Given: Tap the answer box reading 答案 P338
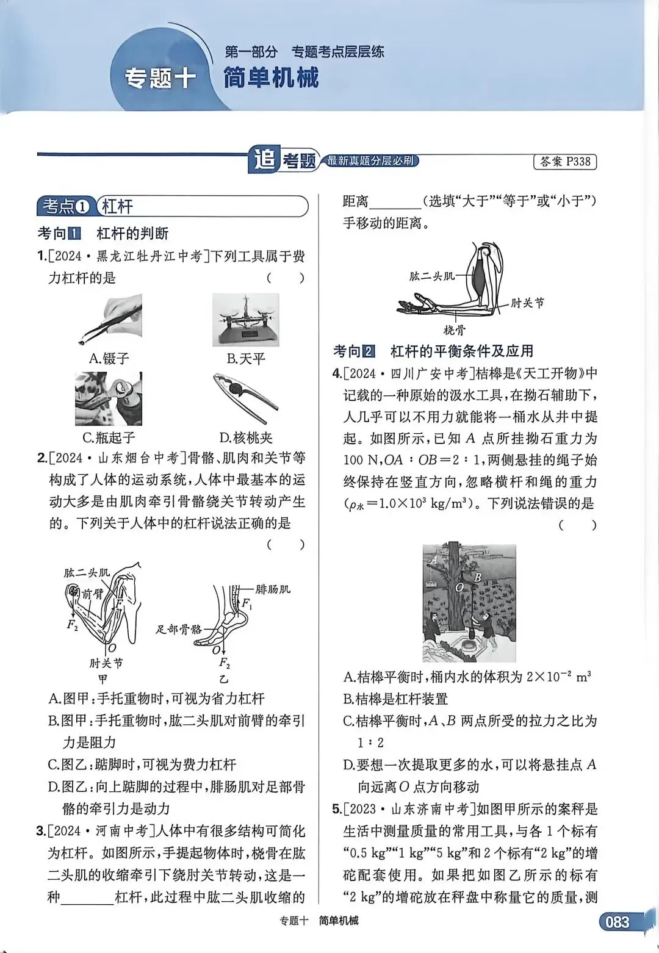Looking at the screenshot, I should coord(564,162).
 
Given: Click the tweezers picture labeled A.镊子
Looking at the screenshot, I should coord(110,320).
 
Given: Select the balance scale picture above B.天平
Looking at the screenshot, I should coord(245,319).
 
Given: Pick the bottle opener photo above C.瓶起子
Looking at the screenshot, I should coord(109,399).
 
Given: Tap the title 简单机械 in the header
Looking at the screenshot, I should coord(270,78).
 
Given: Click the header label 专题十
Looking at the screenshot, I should coord(160,78).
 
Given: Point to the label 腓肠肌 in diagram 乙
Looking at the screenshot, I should coord(273,589).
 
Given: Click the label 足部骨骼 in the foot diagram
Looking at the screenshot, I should coord(178,629).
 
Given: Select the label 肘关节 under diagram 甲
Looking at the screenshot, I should coord(106,663).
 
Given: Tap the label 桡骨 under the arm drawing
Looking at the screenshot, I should coord(454,330).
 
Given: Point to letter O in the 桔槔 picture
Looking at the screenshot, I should coord(459,587).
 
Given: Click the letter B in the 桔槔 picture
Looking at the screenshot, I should coord(478,577).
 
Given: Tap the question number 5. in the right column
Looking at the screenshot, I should coord(337,809).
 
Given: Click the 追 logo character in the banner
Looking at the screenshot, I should coord(264,160).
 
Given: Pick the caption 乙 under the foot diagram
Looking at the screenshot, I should coord(223,678).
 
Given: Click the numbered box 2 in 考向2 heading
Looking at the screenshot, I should coord(368,351).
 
